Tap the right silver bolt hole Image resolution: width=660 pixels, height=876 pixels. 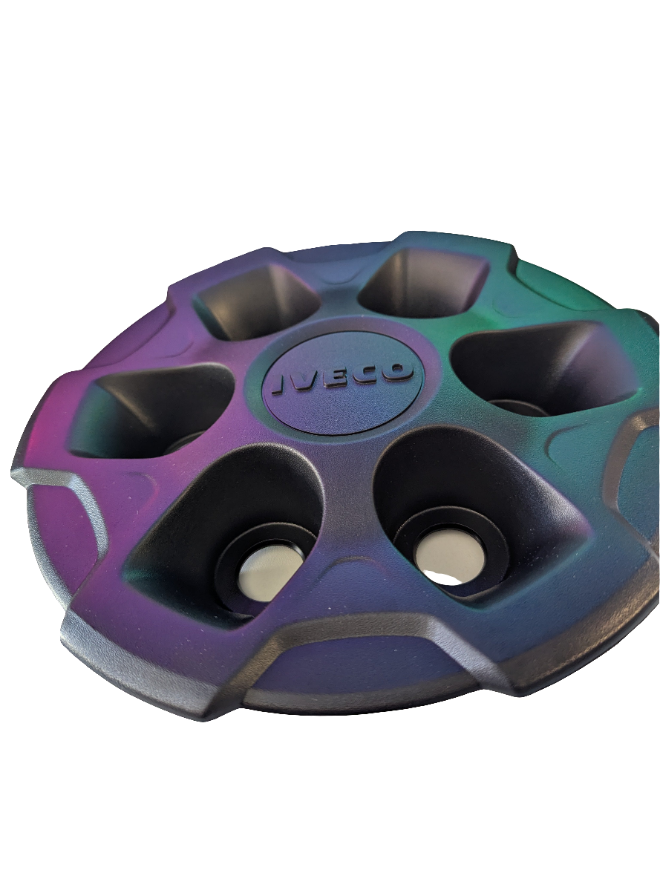(449, 559)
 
